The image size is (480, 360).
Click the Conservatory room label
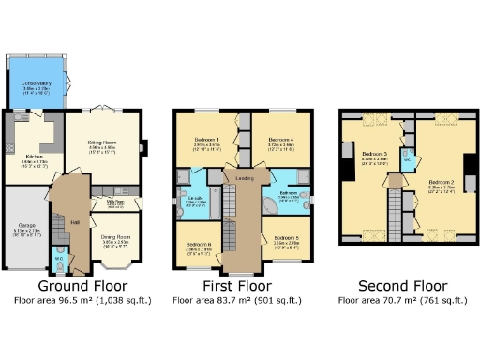pyautogui.click(x=36, y=82)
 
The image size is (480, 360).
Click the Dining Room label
pyautogui.click(x=115, y=237)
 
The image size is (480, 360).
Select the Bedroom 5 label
pyautogui.click(x=286, y=240)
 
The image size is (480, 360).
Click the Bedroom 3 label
pyautogui.click(x=374, y=153)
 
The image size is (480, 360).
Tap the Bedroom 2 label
pyautogui.click(x=442, y=184)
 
